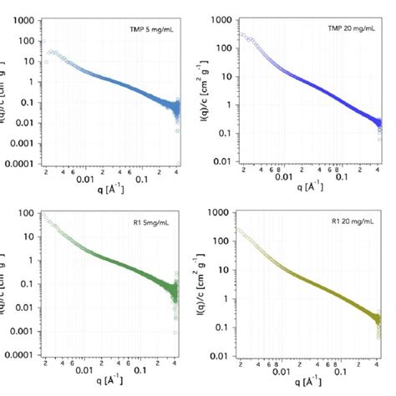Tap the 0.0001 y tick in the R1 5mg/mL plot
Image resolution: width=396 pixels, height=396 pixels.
click(x=16, y=354)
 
